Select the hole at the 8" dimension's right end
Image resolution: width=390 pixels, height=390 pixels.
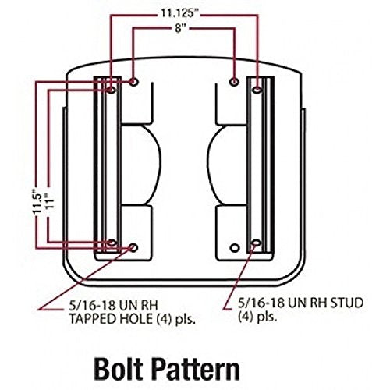235,81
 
